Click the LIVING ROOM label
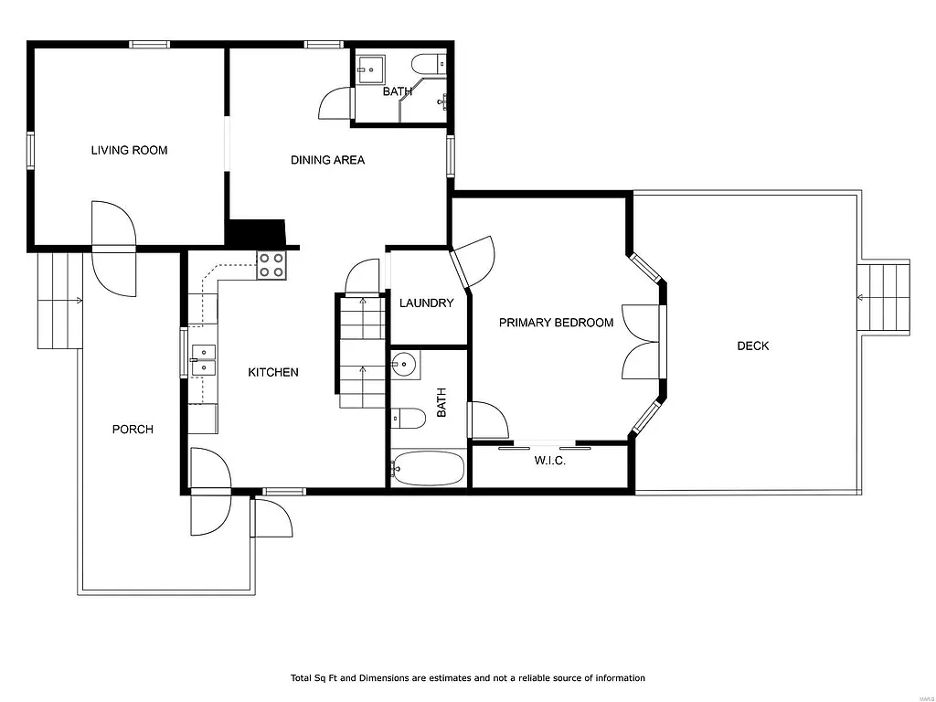[x=129, y=150]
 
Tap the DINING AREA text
[x=327, y=160]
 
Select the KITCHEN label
[x=273, y=372]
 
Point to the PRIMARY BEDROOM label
[x=556, y=323]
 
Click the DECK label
[x=753, y=346]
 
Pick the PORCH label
[x=133, y=430]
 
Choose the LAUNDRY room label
[x=426, y=303]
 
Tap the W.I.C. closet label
[x=550, y=461]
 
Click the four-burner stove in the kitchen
[x=271, y=265]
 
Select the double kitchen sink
[x=203, y=359]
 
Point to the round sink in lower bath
[x=403, y=365]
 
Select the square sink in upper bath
[x=371, y=68]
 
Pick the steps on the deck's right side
[x=884, y=298]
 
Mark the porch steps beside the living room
[x=60, y=300]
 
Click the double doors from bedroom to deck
[x=642, y=342]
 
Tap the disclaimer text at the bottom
[x=468, y=678]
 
